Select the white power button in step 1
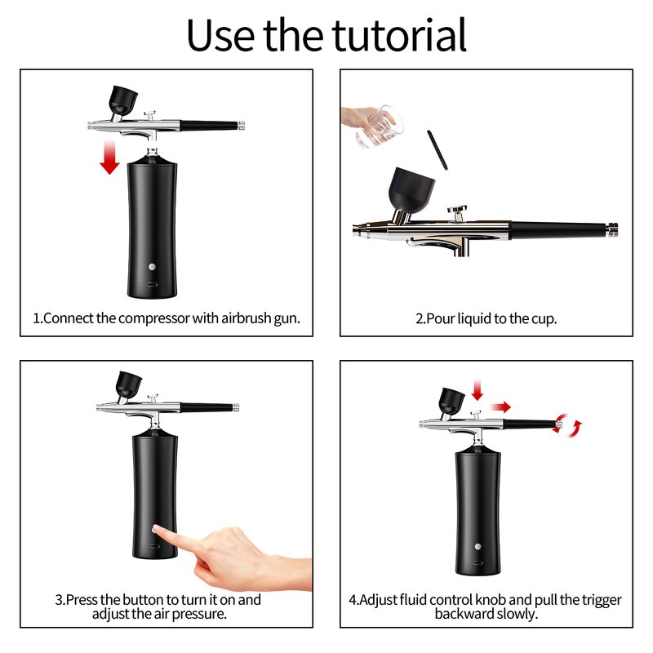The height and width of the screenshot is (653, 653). pyautogui.click(x=152, y=267)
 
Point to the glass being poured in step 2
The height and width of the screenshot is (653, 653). pyautogui.click(x=376, y=125)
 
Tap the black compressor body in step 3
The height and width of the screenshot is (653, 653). pyautogui.click(x=153, y=490)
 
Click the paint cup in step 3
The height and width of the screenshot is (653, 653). pyautogui.click(x=128, y=384)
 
